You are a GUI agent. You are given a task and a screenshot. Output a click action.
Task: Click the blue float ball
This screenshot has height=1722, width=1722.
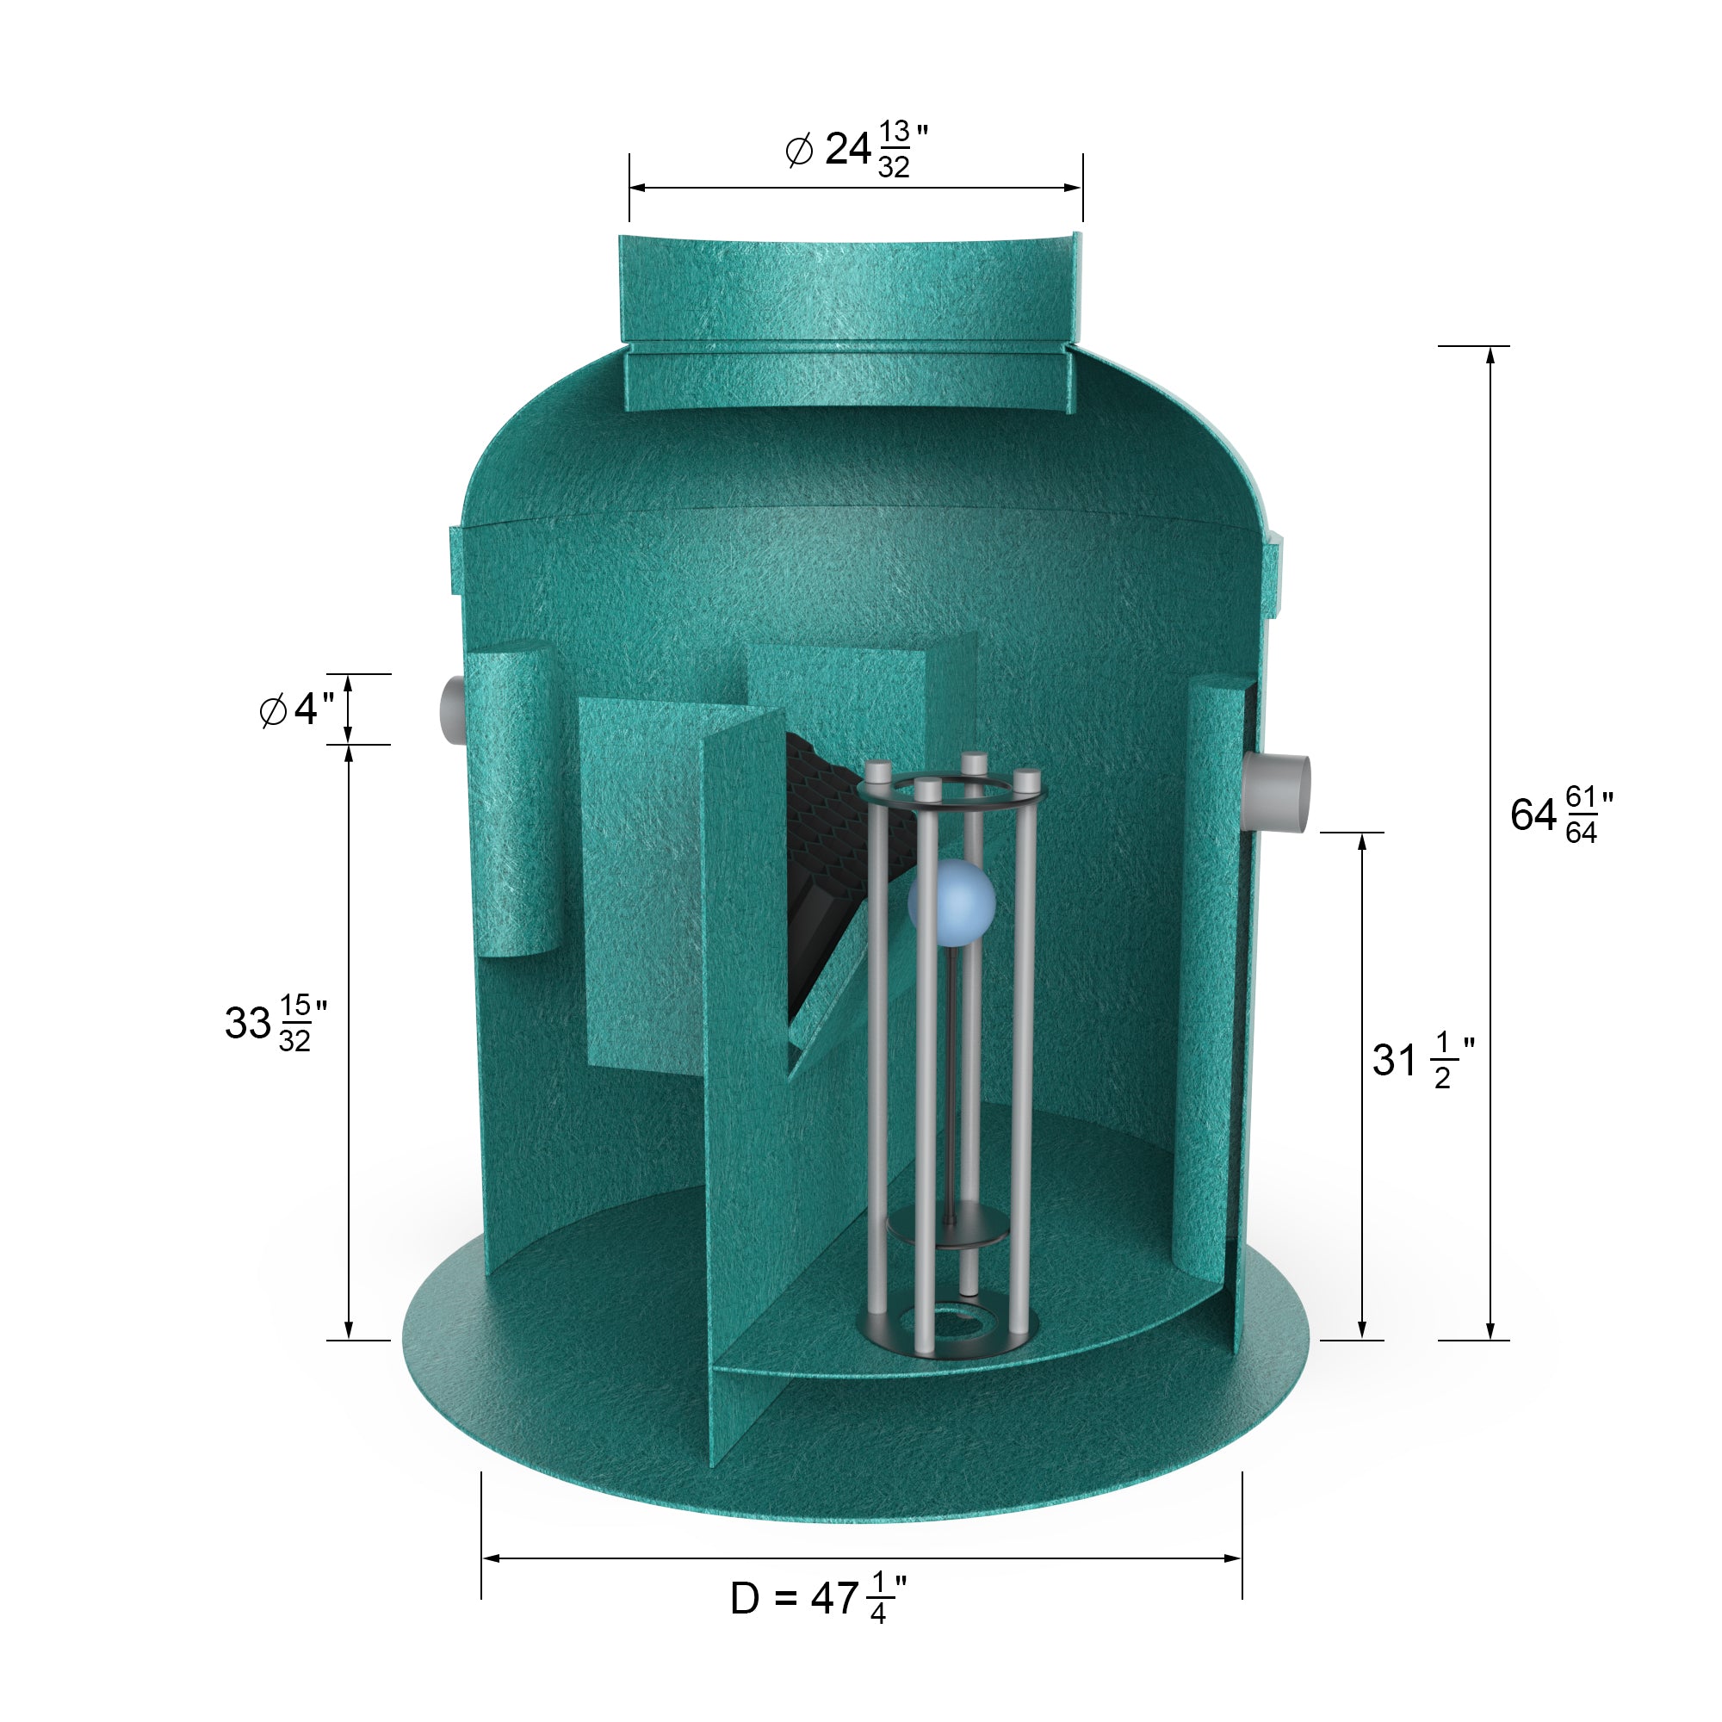click(x=951, y=903)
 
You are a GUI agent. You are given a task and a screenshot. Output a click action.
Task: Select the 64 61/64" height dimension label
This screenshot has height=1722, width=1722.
click(x=1561, y=815)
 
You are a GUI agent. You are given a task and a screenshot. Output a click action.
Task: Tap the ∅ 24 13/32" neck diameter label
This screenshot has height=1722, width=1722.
click(x=857, y=149)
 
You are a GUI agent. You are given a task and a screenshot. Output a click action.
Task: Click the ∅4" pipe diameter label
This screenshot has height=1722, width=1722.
click(x=297, y=709)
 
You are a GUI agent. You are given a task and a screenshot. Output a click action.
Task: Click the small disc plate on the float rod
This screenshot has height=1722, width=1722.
click(x=947, y=1231)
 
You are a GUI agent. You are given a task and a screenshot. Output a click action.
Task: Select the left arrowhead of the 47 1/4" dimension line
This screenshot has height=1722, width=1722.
click(x=490, y=1558)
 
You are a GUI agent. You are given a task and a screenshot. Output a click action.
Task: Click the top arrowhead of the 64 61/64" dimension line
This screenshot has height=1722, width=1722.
click(x=1490, y=355)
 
